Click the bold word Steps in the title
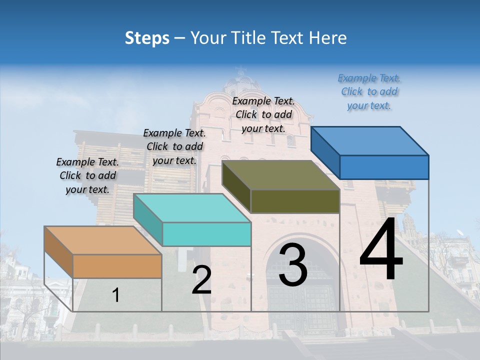pos(147,38)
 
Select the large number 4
pos(381,250)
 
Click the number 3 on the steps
pos(293,265)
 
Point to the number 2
pos(201,280)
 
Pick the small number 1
pos(115,295)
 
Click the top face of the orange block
pos(102,240)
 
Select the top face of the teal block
pos(192,208)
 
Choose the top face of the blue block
pos(370,141)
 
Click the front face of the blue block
pos(384,167)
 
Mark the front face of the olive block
pos(295,201)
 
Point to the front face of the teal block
pos(206,234)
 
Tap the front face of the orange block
pos(117,266)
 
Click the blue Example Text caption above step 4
pos(369,91)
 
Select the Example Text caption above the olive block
pos(263,114)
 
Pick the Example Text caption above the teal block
pos(174,146)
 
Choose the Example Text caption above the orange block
pos(87,175)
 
